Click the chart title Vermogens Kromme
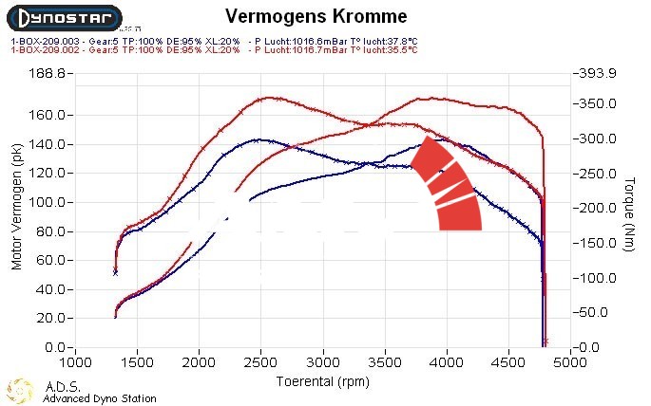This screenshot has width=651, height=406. [316, 16]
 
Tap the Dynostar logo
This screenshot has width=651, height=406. [65, 17]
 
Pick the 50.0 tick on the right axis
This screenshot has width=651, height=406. [596, 311]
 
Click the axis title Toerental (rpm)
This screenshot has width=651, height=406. [322, 380]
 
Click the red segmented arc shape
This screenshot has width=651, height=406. [448, 185]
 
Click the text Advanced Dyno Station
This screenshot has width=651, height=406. [100, 399]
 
